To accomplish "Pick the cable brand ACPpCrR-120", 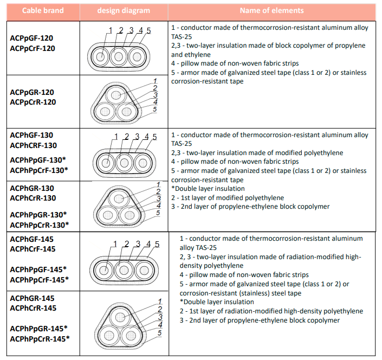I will [33, 102].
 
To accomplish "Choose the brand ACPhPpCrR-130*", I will [39, 224].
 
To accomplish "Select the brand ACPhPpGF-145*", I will [39, 269].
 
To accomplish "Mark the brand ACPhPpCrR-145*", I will [39, 339].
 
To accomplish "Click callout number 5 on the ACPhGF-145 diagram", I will [157, 245].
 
